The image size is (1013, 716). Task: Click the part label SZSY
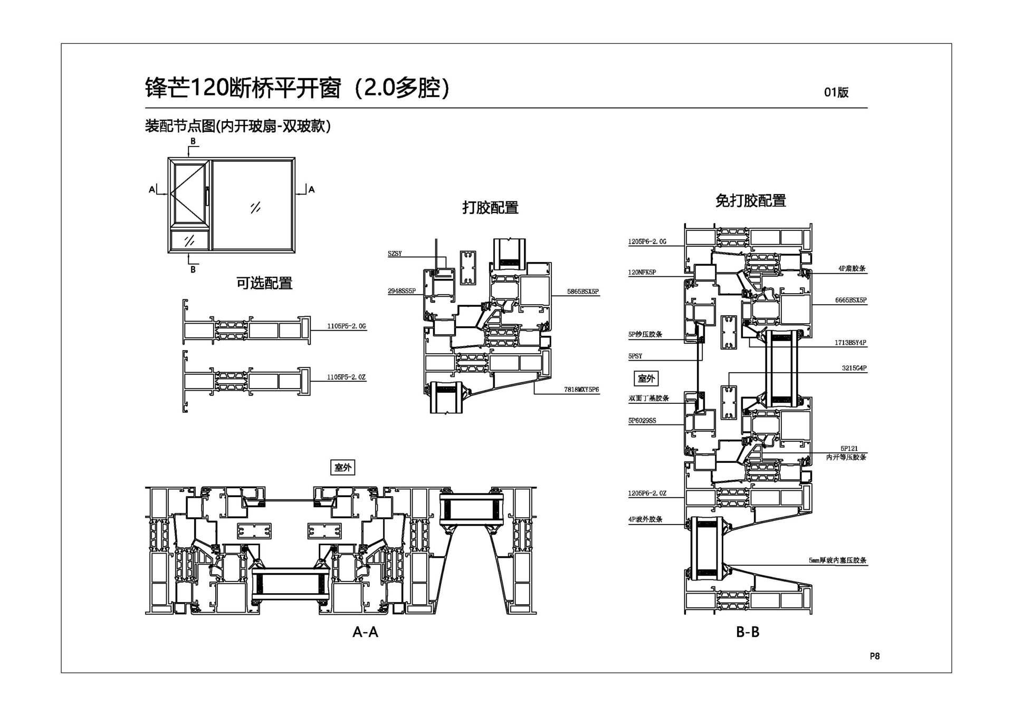[x=395, y=254]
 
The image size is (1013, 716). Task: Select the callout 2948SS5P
[x=402, y=291]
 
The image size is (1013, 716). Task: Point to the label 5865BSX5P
[x=583, y=292]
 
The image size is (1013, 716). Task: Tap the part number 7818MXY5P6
[x=581, y=390]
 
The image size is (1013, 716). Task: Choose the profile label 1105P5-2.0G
[x=346, y=326]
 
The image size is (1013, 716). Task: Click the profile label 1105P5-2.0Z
[x=346, y=377]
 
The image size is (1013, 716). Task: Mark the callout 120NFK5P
[x=642, y=273]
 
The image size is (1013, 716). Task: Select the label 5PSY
[x=635, y=356]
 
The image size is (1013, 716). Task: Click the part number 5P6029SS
[x=642, y=421]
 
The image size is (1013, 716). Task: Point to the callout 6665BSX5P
[x=850, y=300]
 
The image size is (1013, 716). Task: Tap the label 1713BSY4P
[x=850, y=343]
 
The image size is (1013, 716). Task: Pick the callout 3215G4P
[x=854, y=368]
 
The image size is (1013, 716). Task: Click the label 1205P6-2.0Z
[x=647, y=494]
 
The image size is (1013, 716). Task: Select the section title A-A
[x=365, y=632]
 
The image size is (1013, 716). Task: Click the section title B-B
[x=748, y=632]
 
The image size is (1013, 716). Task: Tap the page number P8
[x=875, y=656]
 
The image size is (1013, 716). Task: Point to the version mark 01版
[x=836, y=92]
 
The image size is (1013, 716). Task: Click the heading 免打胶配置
[x=750, y=201]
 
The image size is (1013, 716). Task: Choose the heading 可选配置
[x=264, y=283]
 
